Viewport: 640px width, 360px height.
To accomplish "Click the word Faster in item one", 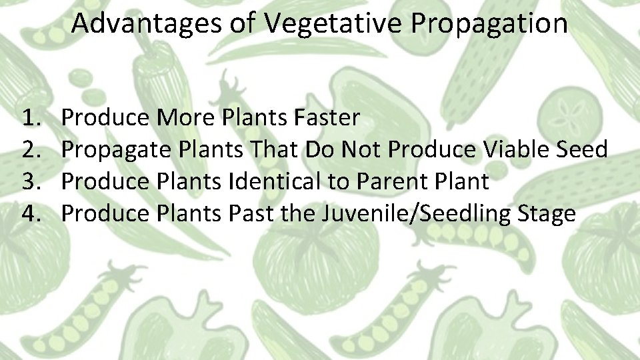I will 326,118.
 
